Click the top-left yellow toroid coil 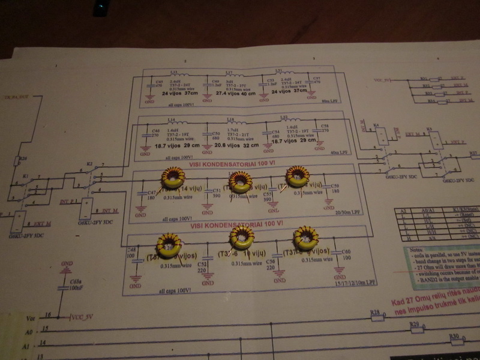[x=173, y=177]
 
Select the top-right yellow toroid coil [x=298, y=176]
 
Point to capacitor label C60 [x=346, y=251]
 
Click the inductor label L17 [x=229, y=73]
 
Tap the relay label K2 [x=89, y=163]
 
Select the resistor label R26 [x=23, y=158]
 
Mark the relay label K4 [x=376, y=125]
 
